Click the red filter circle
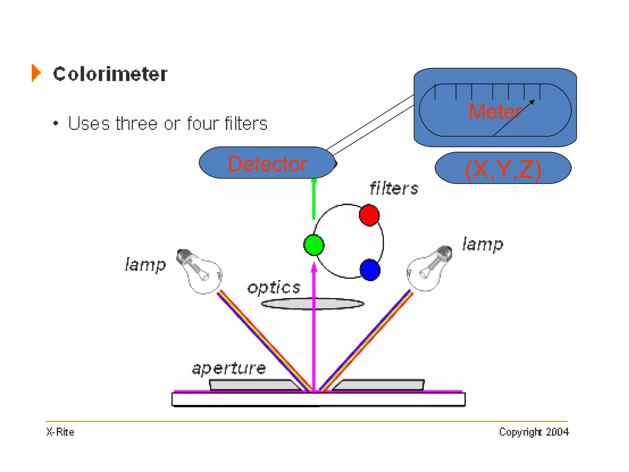click(369, 215)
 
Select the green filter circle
click(314, 245)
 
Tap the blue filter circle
click(370, 270)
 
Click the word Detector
click(267, 164)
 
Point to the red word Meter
click(495, 111)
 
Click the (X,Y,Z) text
click(503, 169)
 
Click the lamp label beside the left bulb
click(145, 265)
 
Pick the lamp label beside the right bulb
click(483, 245)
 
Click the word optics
click(274, 288)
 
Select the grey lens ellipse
click(312, 304)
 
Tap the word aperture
click(229, 368)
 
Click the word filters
click(394, 188)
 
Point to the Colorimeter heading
click(110, 74)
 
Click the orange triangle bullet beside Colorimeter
click(36, 73)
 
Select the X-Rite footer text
click(60, 432)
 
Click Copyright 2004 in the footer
click(533, 432)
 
